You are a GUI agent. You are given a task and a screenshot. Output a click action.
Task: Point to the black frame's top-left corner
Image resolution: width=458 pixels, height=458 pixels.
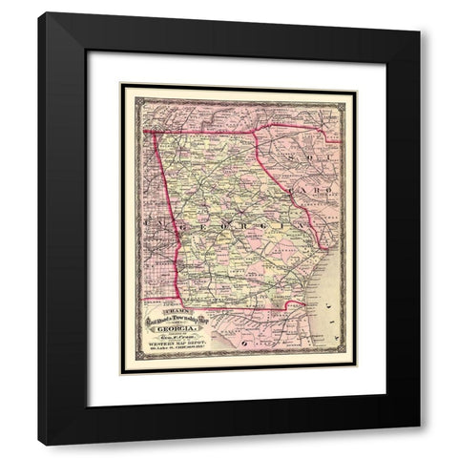[39, 13]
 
